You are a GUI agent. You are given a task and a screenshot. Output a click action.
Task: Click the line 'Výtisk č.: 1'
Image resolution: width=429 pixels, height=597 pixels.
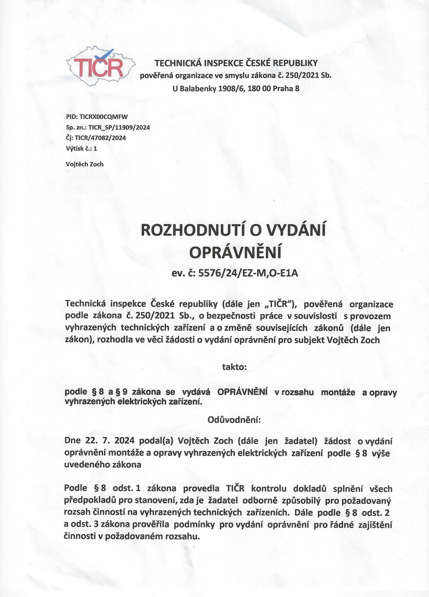(81, 148)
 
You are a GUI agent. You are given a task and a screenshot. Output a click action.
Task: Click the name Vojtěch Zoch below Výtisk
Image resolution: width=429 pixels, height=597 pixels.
(85, 164)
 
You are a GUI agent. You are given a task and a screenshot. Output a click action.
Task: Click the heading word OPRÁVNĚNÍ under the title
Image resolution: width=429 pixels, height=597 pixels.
(235, 253)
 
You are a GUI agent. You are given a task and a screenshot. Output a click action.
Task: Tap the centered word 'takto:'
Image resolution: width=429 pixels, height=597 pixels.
(234, 367)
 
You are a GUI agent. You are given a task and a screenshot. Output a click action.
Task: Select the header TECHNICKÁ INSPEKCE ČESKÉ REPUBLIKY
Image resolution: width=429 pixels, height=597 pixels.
(236, 63)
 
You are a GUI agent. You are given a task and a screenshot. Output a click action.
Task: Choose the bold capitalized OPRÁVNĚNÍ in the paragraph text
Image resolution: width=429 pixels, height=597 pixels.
(242, 392)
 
